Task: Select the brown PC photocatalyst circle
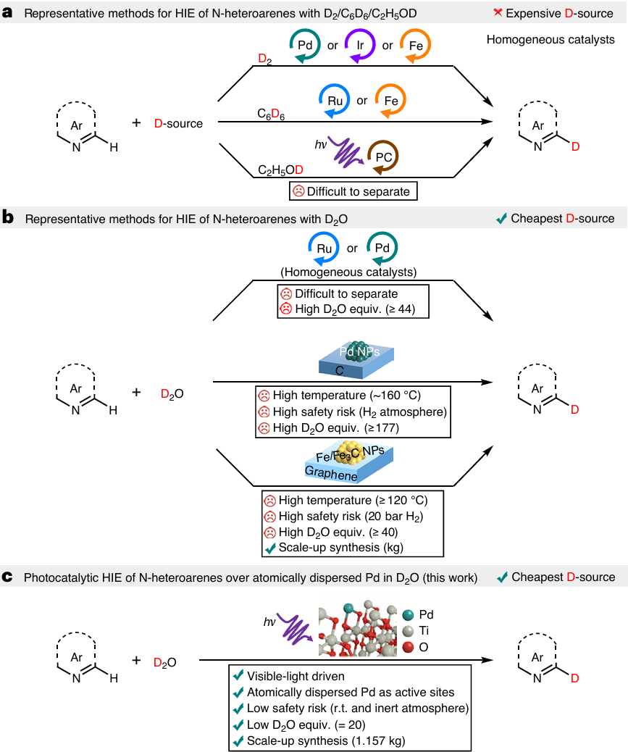click(382, 155)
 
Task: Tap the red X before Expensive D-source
click(494, 13)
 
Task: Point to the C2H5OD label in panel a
click(281, 170)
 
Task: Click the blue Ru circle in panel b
click(326, 248)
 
